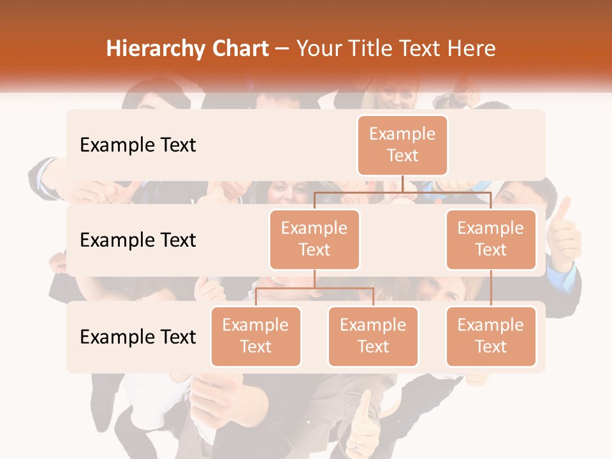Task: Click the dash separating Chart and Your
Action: coord(282,50)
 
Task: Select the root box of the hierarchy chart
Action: coord(402,145)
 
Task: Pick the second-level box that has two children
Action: coord(314,239)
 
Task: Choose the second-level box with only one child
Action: coord(491,239)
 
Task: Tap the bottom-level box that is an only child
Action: coord(491,336)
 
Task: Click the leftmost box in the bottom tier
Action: coord(256,336)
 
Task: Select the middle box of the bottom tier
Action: coord(373,336)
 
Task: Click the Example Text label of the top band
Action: coord(138,145)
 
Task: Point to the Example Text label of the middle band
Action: coord(138,240)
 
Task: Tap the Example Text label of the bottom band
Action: coord(138,337)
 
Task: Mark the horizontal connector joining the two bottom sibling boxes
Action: coord(314,288)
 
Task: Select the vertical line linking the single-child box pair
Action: coord(491,288)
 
